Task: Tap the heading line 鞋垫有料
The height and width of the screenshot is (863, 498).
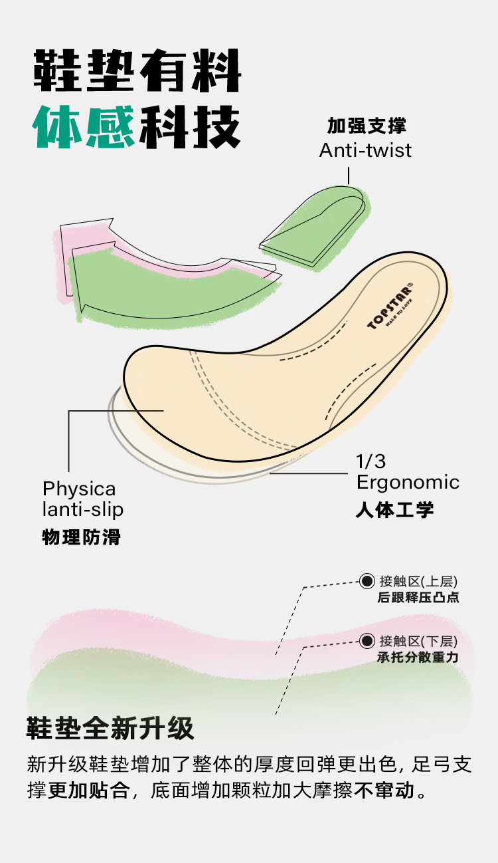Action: [x=137, y=70]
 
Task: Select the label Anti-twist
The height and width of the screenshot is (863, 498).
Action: [x=365, y=150]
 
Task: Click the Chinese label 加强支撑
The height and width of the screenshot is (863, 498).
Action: [x=367, y=126]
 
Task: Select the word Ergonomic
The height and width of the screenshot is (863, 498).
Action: [x=408, y=482]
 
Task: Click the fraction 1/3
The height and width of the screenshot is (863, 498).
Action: [x=371, y=461]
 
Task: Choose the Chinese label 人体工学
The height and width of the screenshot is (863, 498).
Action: [x=394, y=510]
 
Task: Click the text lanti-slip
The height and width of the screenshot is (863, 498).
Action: [x=83, y=510]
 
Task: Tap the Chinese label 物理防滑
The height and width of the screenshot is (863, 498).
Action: [x=82, y=537]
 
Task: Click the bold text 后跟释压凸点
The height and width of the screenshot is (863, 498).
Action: [x=418, y=597]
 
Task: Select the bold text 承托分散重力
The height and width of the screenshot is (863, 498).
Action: [x=418, y=658]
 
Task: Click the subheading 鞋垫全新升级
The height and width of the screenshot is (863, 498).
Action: [x=110, y=729]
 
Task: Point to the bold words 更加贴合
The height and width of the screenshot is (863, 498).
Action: [x=88, y=791]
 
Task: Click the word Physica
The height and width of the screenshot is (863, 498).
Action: [x=79, y=489]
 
